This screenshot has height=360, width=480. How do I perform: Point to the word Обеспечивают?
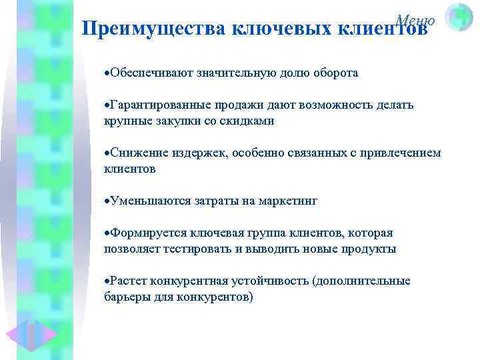(x=149, y=73)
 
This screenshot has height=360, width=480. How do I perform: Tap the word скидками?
(x=249, y=121)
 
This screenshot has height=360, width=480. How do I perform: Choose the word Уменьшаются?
(x=147, y=201)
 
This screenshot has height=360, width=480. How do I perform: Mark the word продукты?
(x=370, y=249)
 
